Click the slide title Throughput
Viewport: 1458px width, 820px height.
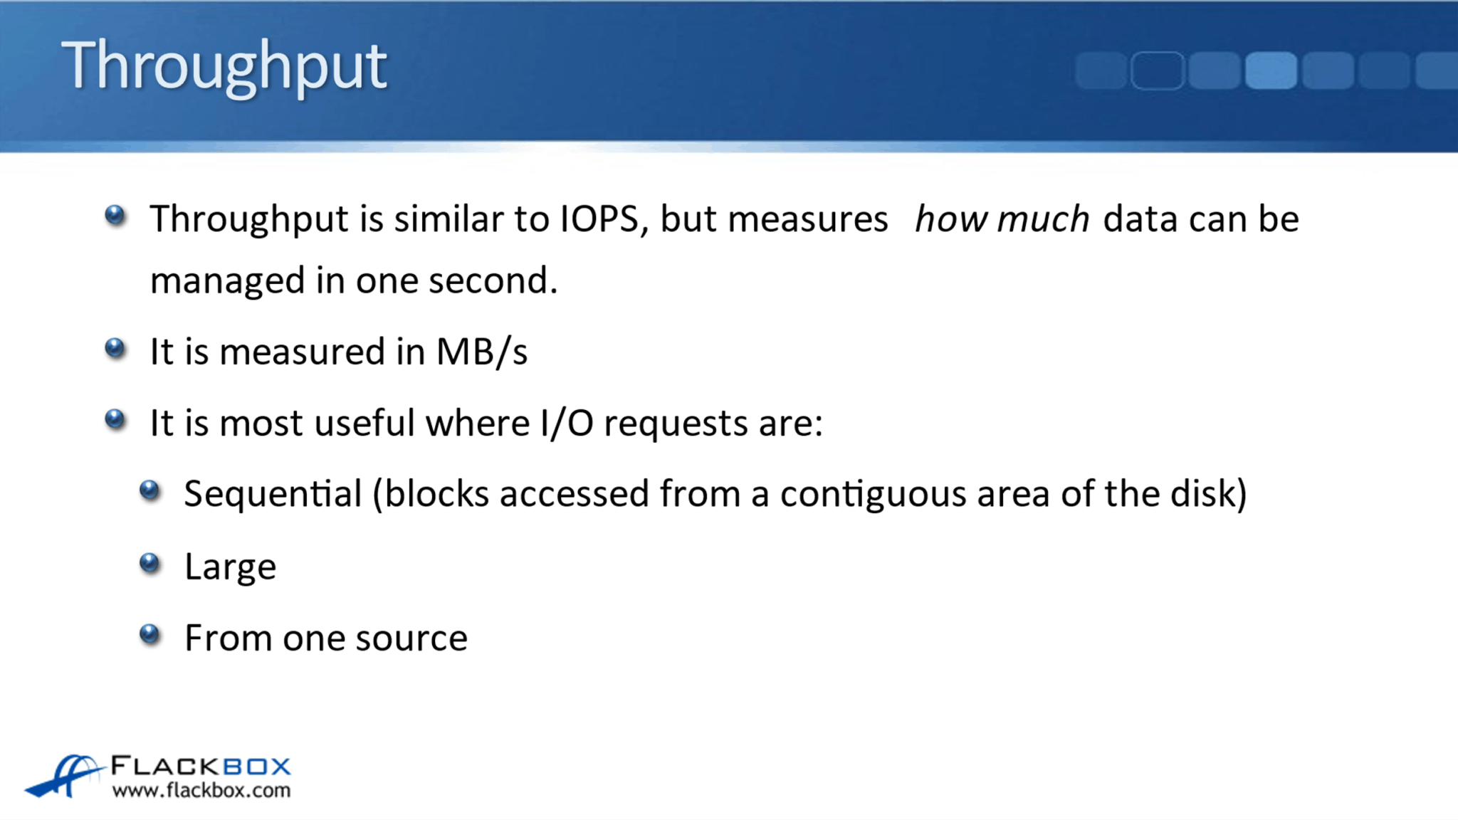pos(224,65)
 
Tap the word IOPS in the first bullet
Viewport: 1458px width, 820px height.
pos(599,219)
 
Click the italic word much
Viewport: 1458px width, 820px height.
pos(1043,219)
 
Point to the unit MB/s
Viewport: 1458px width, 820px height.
pos(482,352)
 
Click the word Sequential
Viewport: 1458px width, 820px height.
pos(273,494)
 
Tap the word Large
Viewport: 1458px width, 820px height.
pos(230,567)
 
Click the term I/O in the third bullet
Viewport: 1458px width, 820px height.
pos(567,423)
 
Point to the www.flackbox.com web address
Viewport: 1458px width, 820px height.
pos(201,790)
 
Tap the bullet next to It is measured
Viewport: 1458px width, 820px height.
pos(115,348)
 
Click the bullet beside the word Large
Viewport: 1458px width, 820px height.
pos(150,563)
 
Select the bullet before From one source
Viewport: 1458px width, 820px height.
pos(150,634)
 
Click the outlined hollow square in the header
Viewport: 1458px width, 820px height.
pos(1157,70)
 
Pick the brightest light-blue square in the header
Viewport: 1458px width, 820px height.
pos(1271,70)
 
